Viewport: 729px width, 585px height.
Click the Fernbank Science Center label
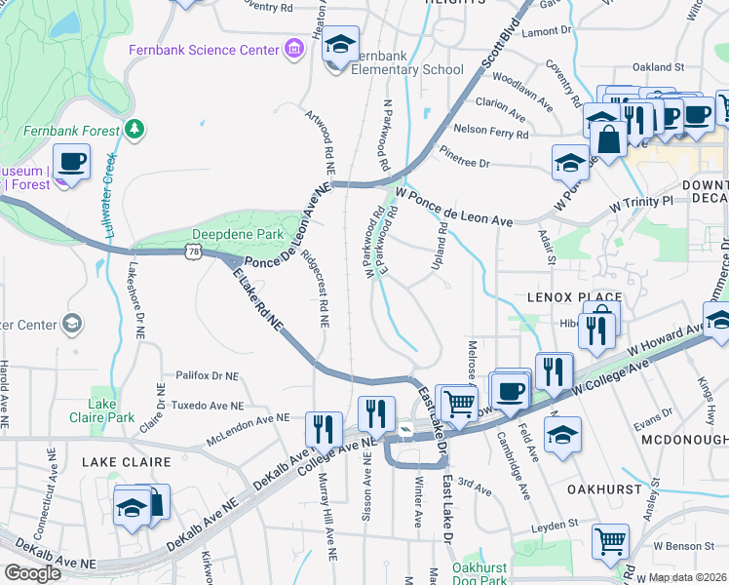[x=204, y=49]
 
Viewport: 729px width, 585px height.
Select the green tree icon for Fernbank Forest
[x=134, y=129]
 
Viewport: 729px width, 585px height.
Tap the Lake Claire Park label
[x=101, y=410]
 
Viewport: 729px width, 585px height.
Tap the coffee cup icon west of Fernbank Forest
[x=72, y=161]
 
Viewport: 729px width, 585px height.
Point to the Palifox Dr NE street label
[x=207, y=374]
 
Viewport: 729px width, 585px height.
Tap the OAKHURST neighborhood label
[x=605, y=488]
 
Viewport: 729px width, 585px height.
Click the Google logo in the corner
[x=32, y=573]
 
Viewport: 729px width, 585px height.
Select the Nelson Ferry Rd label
[x=489, y=129]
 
